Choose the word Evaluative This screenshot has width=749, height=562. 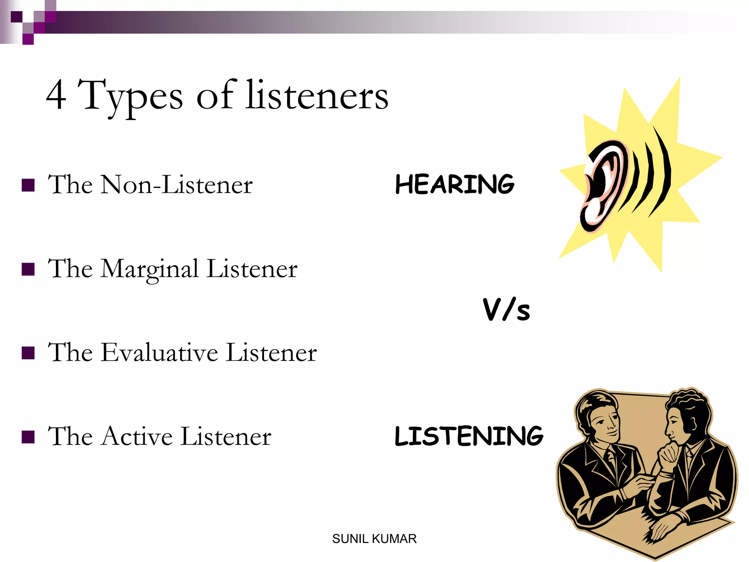[159, 353]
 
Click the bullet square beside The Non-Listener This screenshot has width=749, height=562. [28, 186]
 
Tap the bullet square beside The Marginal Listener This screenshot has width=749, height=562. [28, 269]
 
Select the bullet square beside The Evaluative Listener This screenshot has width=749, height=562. [28, 353]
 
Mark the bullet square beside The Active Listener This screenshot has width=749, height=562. [28, 437]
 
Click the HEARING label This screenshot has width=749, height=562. [455, 184]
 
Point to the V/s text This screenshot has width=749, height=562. [507, 310]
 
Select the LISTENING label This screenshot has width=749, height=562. [469, 436]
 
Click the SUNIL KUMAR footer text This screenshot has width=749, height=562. [374, 539]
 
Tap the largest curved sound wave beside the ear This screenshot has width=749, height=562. [662, 172]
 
